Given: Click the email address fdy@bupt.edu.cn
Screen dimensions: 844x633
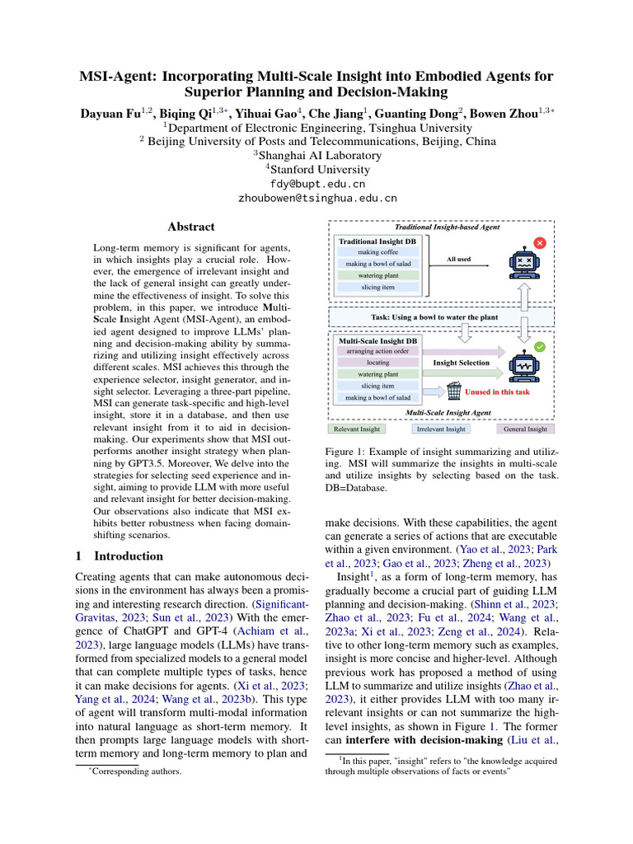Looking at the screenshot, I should [317, 184].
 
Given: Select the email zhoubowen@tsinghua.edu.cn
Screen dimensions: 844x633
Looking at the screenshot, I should [317, 199].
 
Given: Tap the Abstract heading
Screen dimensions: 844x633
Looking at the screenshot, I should [191, 227].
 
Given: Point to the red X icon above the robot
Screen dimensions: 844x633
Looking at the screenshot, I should [540, 243].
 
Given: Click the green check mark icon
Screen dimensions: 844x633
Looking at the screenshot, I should [540, 348].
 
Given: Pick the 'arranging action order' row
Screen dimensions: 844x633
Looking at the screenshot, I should [378, 350].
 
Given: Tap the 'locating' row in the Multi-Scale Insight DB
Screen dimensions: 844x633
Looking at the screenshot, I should [378, 362].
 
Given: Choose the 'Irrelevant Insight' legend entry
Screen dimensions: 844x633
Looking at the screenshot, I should [442, 429].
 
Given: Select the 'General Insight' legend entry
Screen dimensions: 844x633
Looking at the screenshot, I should [525, 429].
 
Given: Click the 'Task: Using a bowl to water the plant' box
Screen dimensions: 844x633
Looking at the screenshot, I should [441, 317].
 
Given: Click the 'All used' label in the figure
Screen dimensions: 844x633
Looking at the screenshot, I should [458, 259].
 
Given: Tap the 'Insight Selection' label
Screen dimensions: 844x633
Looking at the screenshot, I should [462, 362].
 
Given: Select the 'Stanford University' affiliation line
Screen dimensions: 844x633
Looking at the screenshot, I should [316, 170].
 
